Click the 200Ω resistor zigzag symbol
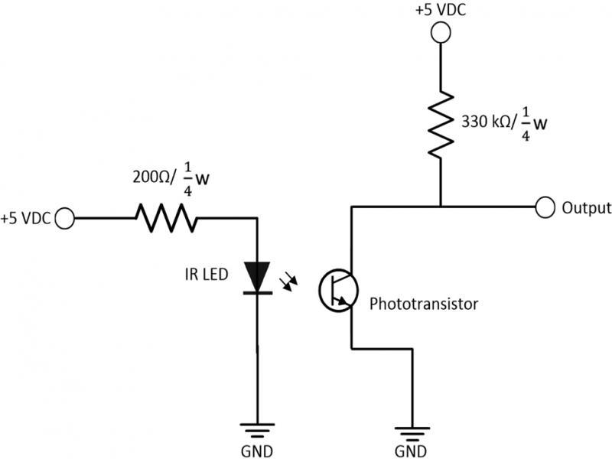166,218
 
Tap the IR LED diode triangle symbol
258,276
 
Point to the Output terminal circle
545,207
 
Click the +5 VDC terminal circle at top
440,33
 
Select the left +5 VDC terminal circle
66,218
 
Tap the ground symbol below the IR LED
258,430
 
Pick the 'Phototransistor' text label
424,304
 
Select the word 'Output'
586,207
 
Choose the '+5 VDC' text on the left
26,219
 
